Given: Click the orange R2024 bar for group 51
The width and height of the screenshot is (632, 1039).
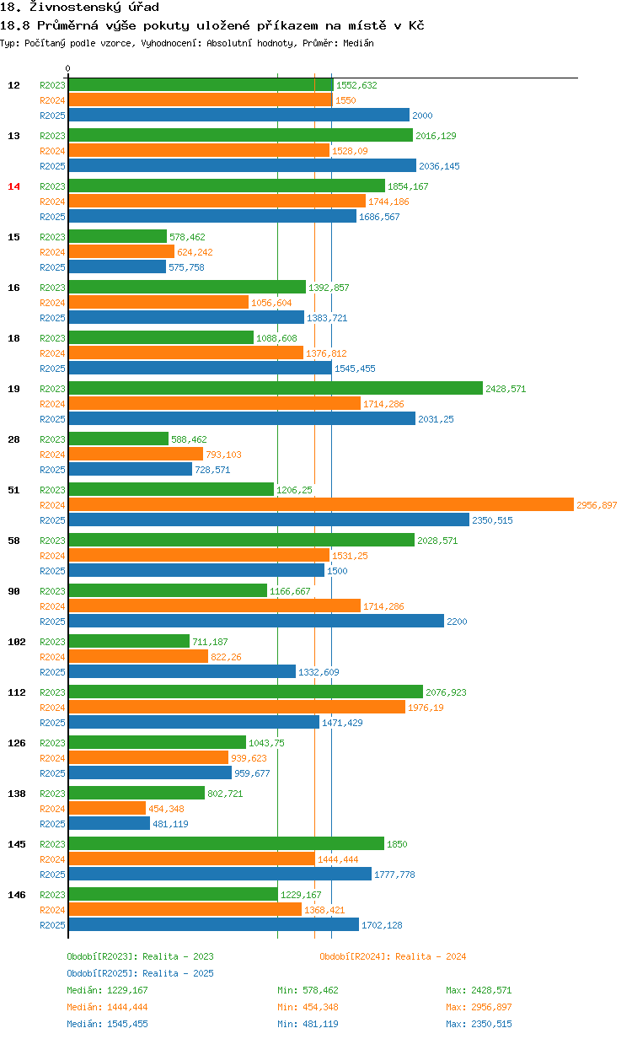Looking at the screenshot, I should coord(320,505).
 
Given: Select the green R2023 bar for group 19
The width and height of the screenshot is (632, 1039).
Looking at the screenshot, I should coord(276,389).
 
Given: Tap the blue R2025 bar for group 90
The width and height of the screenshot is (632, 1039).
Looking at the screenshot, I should coord(256,622).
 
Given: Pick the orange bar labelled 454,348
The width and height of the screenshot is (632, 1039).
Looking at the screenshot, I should coord(107,809).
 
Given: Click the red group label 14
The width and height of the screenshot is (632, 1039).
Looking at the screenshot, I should coord(13,186).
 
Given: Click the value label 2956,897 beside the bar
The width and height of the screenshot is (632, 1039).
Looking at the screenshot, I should coord(597,505).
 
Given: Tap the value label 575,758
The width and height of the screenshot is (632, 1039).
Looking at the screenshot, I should coord(186,267).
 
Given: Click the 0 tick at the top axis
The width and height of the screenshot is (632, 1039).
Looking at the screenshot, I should coord(68,68).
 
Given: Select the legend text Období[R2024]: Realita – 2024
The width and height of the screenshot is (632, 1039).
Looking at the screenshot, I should coord(393,956).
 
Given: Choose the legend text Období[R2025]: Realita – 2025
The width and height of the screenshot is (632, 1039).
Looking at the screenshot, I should coord(140,973).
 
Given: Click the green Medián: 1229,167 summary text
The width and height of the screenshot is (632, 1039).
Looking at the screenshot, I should coord(107,990).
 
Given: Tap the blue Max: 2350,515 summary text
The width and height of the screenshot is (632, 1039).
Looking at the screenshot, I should coord(479,1024).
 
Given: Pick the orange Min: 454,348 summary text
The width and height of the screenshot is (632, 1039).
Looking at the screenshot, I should coord(308,1007).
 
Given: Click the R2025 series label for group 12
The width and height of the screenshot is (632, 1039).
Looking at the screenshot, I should coord(52,116).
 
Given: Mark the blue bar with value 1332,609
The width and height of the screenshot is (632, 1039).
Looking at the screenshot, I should coord(182,672).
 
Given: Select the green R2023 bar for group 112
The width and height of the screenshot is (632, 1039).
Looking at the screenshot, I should coord(245,692).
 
